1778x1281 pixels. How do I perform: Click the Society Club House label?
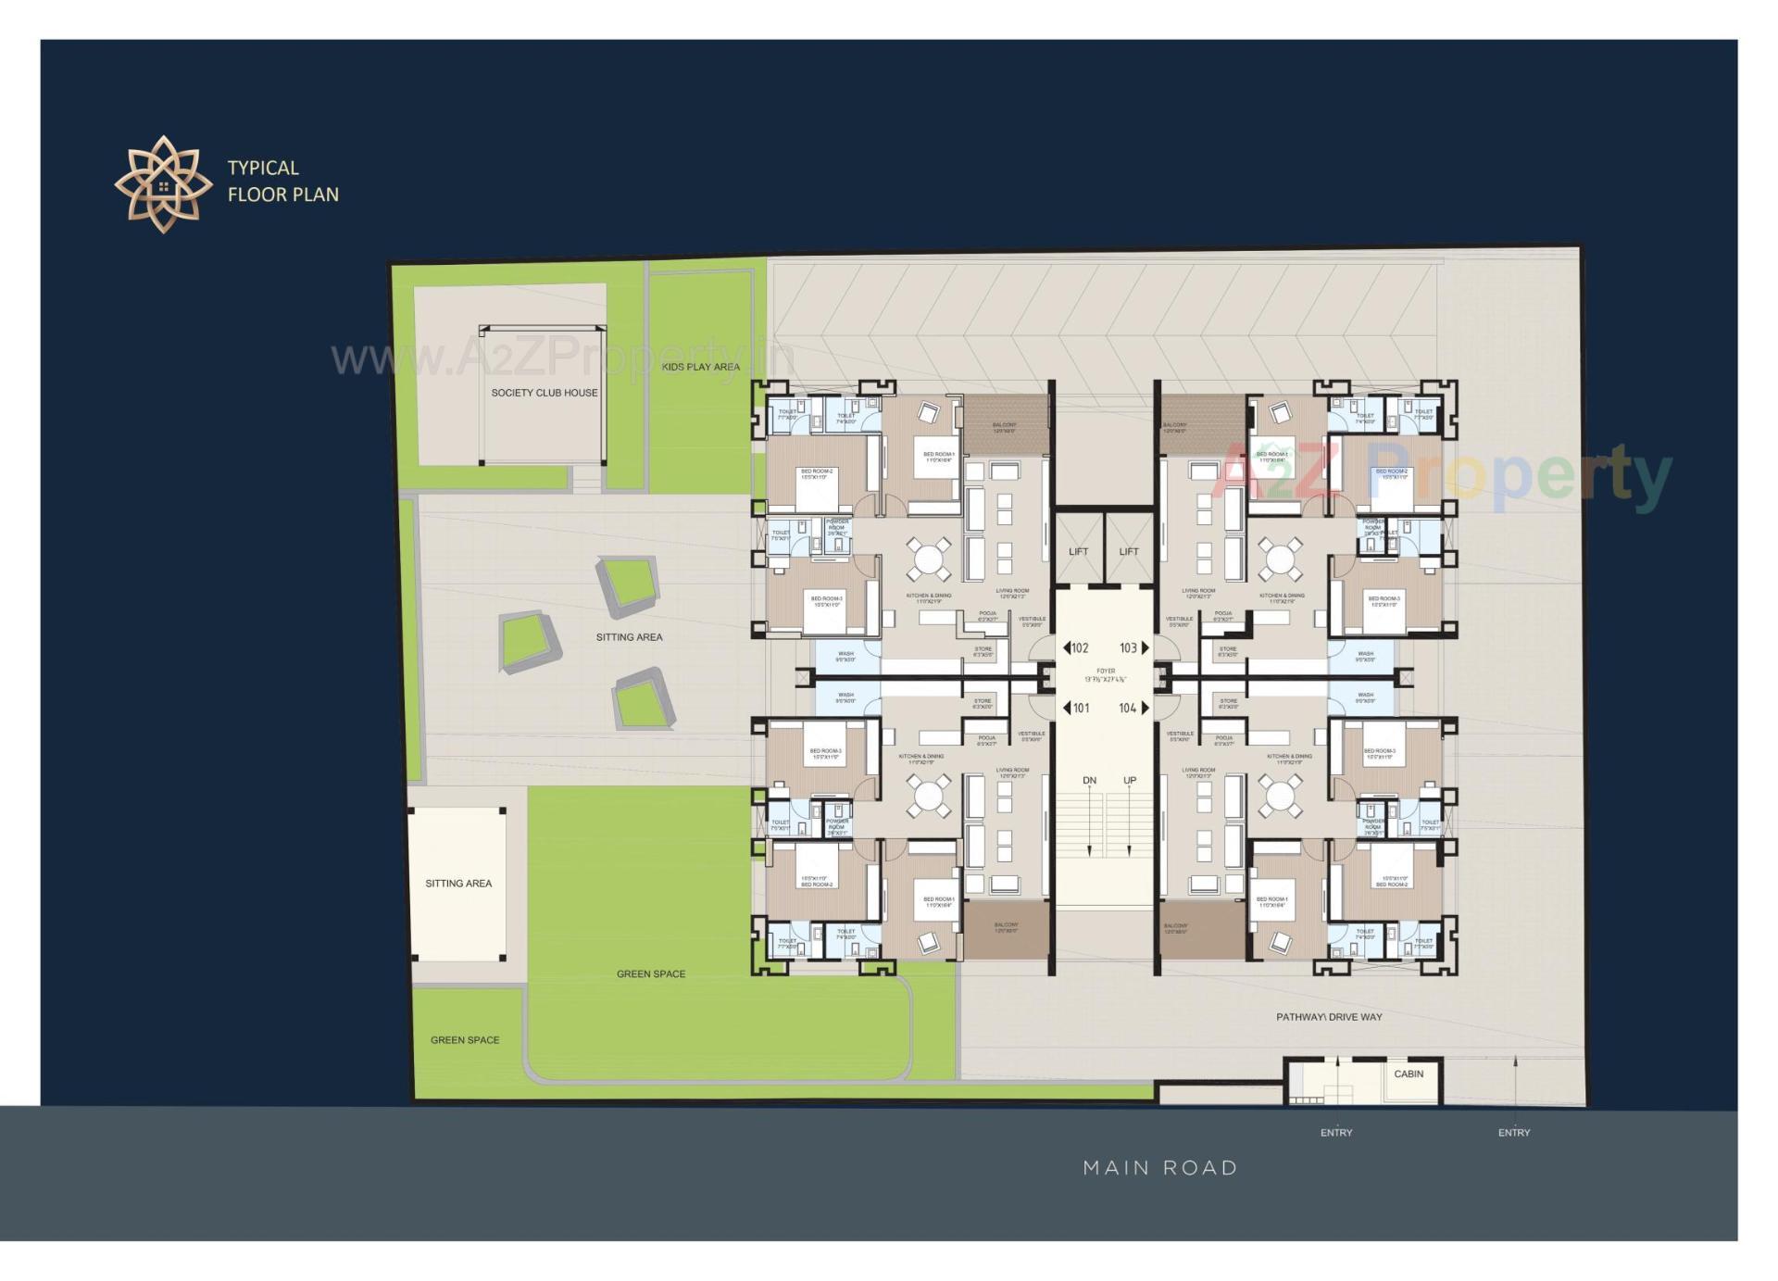pyautogui.click(x=544, y=393)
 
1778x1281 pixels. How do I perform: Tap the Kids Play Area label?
pyautogui.click(x=701, y=367)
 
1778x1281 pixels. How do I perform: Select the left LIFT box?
pyautogui.click(x=1078, y=551)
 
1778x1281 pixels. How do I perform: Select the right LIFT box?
pyautogui.click(x=1129, y=551)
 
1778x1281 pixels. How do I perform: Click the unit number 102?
pyautogui.click(x=1079, y=648)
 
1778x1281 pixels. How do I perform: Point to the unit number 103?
pyautogui.click(x=1129, y=648)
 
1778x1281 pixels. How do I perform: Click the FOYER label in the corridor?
pyautogui.click(x=1106, y=671)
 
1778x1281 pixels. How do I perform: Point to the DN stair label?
pyautogui.click(x=1089, y=781)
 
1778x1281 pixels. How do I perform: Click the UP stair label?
pyautogui.click(x=1130, y=781)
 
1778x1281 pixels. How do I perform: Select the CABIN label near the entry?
pyautogui.click(x=1409, y=1074)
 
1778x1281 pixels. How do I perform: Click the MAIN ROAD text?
pyautogui.click(x=1160, y=1168)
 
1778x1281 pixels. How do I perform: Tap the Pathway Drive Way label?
pyautogui.click(x=1329, y=1017)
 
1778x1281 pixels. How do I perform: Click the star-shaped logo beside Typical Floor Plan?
pyautogui.click(x=163, y=183)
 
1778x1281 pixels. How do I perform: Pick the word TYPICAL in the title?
pyautogui.click(x=263, y=169)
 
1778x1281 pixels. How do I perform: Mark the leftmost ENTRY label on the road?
pyautogui.click(x=1336, y=1133)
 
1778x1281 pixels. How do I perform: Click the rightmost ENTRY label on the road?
pyautogui.click(x=1514, y=1133)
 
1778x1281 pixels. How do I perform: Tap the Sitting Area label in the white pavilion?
pyautogui.click(x=458, y=884)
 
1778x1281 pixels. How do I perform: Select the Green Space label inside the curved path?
pyautogui.click(x=651, y=974)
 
